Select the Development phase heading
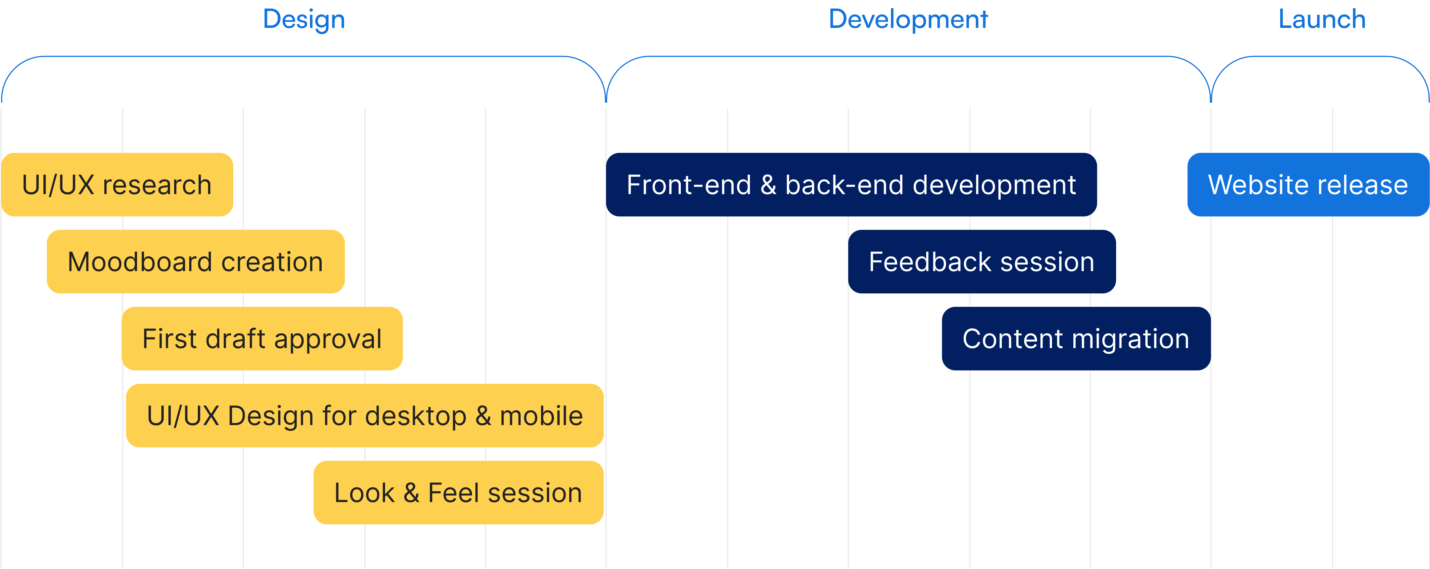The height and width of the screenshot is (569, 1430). point(908,20)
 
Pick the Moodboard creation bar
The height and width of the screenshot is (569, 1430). point(195,261)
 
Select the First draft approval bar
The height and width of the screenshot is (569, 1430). point(262,339)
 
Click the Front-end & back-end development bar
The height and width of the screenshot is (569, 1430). point(851,185)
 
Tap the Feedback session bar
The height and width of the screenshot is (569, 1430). point(981,261)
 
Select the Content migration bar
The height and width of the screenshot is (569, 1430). point(1076,339)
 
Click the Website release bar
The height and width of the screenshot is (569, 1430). point(1308,185)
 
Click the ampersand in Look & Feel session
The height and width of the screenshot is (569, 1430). point(411,492)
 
